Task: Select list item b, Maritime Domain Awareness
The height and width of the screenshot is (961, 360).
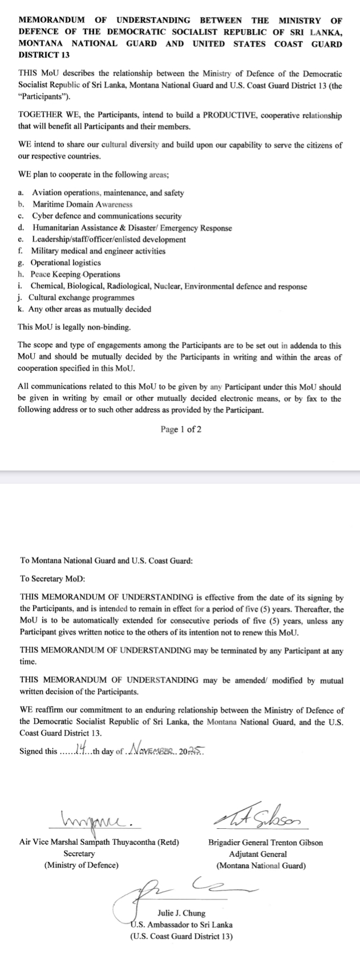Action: pyautogui.click(x=82, y=205)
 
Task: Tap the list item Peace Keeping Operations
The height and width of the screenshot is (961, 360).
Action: pyautogui.click(x=75, y=275)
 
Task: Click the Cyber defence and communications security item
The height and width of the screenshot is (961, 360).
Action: pyautogui.click(x=107, y=216)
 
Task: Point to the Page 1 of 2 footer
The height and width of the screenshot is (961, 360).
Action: pyautogui.click(x=181, y=430)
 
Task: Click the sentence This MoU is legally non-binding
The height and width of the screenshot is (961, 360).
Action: pyautogui.click(x=75, y=328)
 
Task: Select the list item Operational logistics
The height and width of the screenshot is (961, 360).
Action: pyautogui.click(x=66, y=263)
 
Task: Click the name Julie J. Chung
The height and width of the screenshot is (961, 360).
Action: pyautogui.click(x=181, y=913)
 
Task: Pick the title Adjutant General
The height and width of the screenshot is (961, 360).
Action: pyautogui.click(x=257, y=854)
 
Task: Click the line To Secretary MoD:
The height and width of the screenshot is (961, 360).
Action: pyautogui.click(x=52, y=578)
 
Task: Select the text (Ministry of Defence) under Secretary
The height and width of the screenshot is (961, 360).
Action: pyautogui.click(x=81, y=865)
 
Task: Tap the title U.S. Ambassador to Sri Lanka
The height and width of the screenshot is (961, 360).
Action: pyautogui.click(x=181, y=925)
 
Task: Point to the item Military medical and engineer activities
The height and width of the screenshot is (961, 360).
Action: pyautogui.click(x=98, y=251)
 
